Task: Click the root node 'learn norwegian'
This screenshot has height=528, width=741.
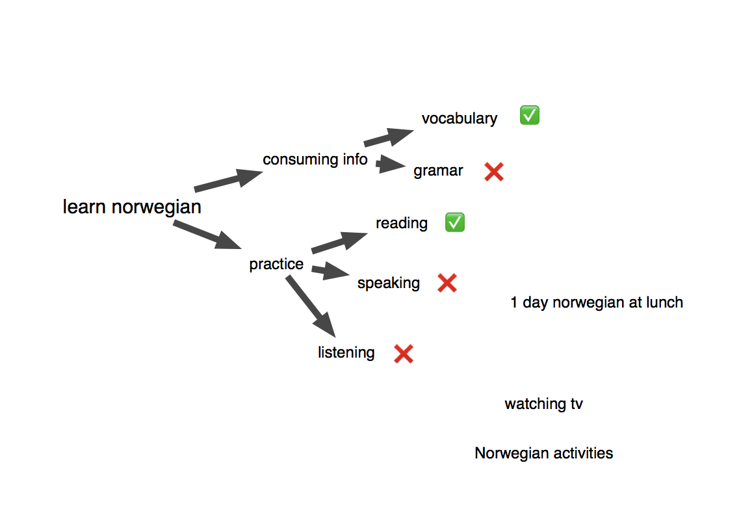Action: (x=132, y=207)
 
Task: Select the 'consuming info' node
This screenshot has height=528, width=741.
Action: (x=315, y=159)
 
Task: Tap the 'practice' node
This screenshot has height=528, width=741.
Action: (x=276, y=264)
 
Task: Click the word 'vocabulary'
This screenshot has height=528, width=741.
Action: (x=459, y=118)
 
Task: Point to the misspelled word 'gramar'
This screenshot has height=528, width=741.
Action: (x=438, y=171)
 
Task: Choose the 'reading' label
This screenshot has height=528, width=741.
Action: (x=402, y=223)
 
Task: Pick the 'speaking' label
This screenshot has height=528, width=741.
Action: (x=389, y=283)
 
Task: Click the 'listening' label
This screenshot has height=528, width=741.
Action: (x=346, y=352)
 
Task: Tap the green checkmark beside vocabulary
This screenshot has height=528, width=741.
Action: (x=530, y=116)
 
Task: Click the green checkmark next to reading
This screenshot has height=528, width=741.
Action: (x=455, y=222)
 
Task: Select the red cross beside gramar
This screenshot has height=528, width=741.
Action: (x=494, y=172)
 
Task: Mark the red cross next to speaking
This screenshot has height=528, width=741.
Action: (x=447, y=283)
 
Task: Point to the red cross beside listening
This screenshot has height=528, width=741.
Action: (x=404, y=354)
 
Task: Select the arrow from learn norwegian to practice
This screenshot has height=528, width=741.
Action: (x=207, y=235)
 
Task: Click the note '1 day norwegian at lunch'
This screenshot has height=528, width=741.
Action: (x=597, y=302)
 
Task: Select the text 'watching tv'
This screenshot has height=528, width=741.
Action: (x=543, y=404)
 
